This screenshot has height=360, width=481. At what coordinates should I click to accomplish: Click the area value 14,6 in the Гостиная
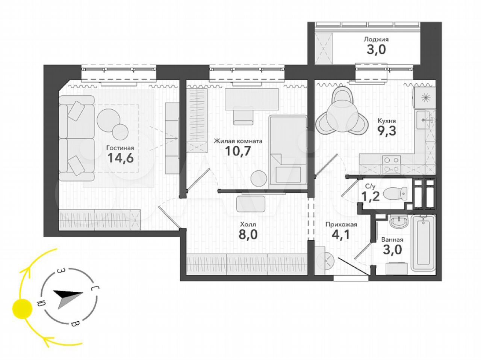121,158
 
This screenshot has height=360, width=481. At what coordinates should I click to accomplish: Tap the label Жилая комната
238,141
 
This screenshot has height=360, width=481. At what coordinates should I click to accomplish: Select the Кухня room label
387,121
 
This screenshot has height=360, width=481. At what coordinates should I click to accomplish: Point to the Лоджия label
376,39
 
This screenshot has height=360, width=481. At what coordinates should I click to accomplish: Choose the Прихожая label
341,224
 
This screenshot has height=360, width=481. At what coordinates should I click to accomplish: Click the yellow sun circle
22,309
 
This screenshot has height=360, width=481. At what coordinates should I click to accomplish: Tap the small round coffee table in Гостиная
120,132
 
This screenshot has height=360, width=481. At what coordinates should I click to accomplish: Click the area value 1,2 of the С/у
372,197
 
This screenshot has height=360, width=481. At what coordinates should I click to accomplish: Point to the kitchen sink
423,120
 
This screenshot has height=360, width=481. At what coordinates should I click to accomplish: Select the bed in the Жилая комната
288,150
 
